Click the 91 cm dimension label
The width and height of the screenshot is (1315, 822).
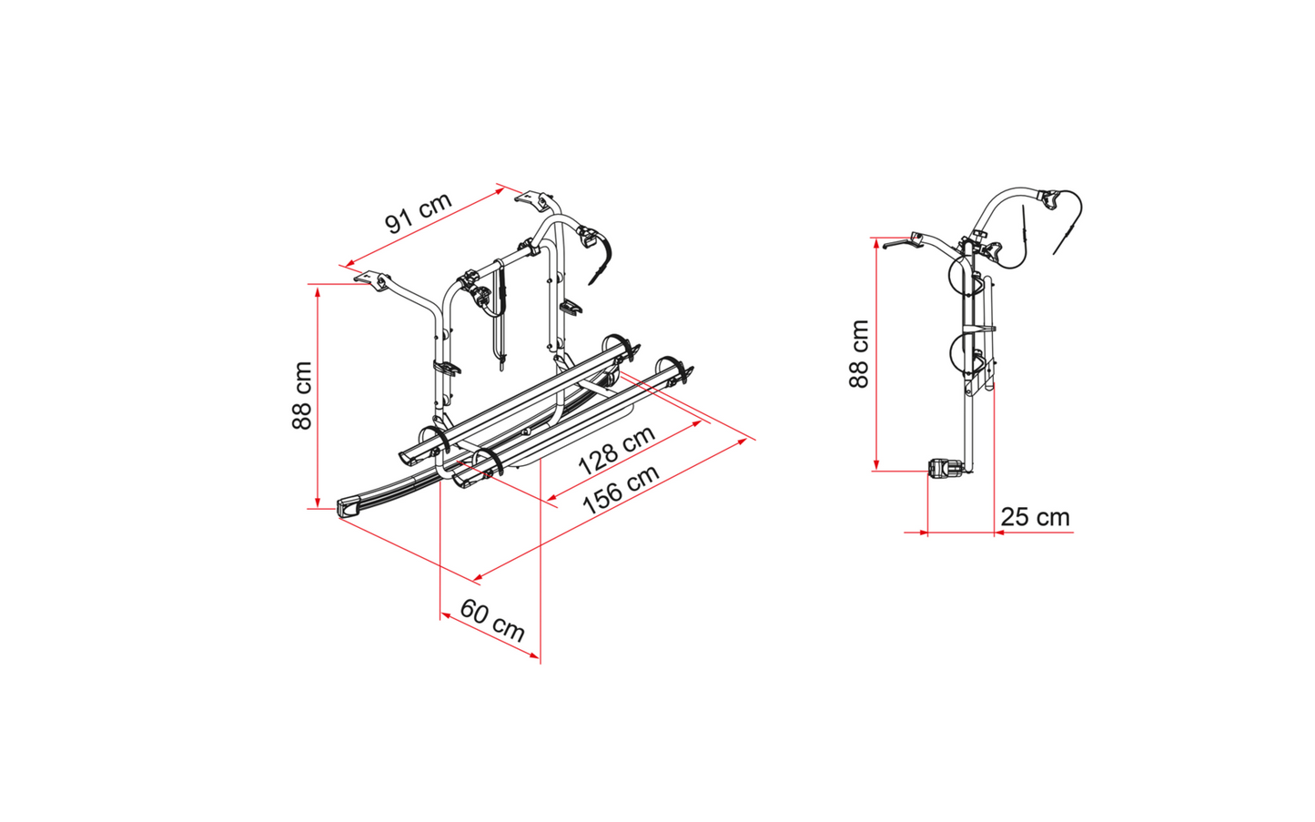click(419, 212)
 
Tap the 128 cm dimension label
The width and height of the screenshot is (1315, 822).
click(616, 449)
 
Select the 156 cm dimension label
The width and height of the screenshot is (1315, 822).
click(622, 489)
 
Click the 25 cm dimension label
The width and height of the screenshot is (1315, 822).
click(1035, 517)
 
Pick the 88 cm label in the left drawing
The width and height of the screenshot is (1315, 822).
click(302, 395)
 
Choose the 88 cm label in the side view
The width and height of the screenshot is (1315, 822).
click(859, 353)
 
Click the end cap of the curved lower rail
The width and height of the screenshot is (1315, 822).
click(352, 506)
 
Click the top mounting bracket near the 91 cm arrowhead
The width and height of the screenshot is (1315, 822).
click(534, 198)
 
